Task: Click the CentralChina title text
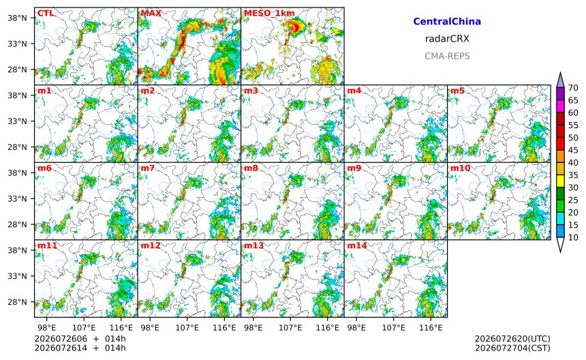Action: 447,21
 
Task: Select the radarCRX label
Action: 447,39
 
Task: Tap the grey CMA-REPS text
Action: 447,56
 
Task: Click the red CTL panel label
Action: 46,14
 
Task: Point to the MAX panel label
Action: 151,14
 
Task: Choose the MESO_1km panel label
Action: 269,14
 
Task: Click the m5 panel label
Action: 457,91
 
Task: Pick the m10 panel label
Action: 460,168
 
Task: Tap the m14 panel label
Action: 357,245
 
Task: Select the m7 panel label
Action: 148,168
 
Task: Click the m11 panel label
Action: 47,245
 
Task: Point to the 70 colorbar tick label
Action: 573,88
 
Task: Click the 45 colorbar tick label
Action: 573,150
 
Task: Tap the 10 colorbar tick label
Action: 573,237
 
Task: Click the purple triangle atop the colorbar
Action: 560,80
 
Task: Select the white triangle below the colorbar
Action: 560,245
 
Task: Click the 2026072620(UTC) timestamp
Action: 512,339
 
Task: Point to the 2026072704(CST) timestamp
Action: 512,348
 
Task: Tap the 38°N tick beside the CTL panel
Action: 18,18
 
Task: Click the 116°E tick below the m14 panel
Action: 431,328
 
